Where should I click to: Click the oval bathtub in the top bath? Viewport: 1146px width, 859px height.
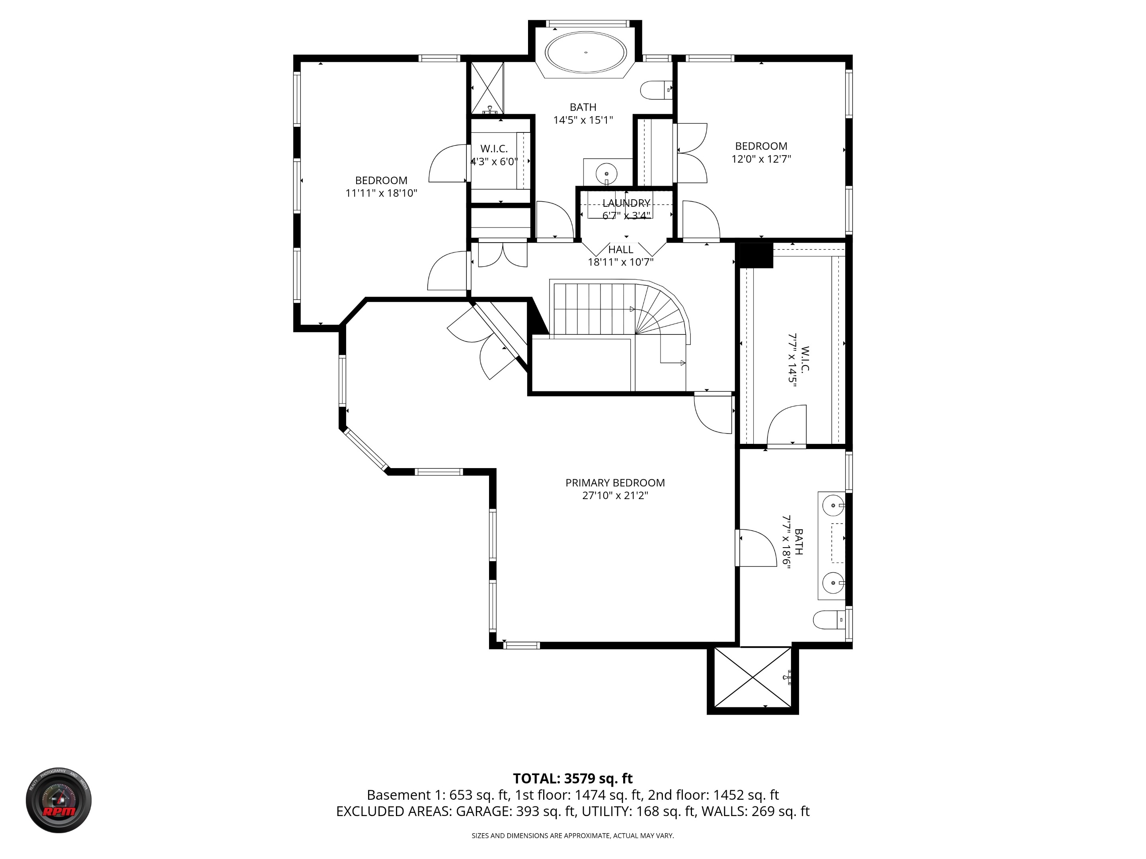pyautogui.click(x=585, y=52)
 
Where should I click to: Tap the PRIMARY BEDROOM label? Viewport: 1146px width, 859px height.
pyautogui.click(x=615, y=482)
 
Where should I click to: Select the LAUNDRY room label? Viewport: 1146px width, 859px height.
pyautogui.click(x=626, y=203)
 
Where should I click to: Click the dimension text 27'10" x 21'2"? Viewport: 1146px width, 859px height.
pyautogui.click(x=615, y=496)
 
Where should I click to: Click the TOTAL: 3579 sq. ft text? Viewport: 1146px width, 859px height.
pyautogui.click(x=573, y=778)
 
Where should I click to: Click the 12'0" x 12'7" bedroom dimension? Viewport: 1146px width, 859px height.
pyautogui.click(x=760, y=159)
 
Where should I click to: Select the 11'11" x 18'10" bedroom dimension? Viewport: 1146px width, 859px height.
pyautogui.click(x=381, y=193)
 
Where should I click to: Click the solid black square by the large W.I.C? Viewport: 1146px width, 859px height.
pyautogui.click(x=755, y=255)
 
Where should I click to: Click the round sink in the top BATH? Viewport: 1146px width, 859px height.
pyautogui.click(x=606, y=172)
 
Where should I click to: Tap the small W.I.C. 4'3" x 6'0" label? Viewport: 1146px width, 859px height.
pyautogui.click(x=494, y=155)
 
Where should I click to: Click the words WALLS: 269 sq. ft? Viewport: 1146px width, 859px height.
pyautogui.click(x=755, y=811)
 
